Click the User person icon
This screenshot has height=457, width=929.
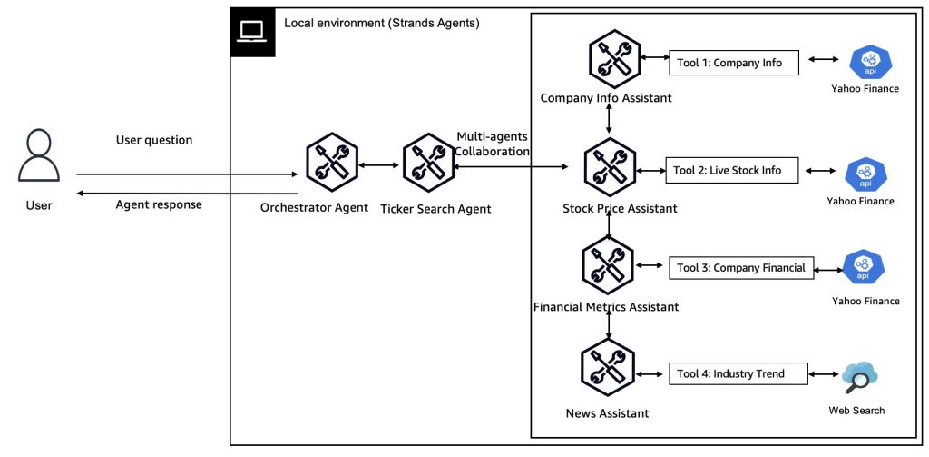[38, 157]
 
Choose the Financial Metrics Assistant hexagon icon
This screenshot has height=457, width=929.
[606, 266]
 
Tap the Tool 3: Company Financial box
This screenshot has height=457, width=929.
[741, 267]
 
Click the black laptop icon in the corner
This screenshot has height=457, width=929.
[251, 33]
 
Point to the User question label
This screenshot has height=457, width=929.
[154, 140]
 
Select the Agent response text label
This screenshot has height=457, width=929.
[159, 204]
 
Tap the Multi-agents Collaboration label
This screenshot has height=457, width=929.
[493, 144]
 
